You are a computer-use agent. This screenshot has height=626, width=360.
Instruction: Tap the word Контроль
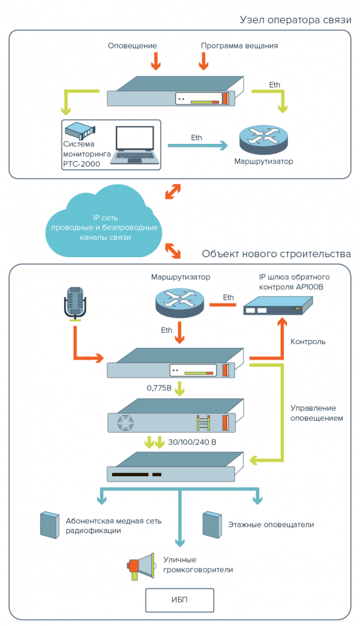[x=308, y=342]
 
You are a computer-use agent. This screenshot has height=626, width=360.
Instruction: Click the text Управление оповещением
[x=316, y=413]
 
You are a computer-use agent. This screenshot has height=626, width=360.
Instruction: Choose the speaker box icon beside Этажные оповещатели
[x=210, y=525]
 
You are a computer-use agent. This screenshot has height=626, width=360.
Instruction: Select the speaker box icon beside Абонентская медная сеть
[x=49, y=525]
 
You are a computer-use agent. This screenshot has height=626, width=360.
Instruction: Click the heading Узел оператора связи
[x=295, y=20]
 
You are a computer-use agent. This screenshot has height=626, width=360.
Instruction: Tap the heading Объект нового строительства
[x=276, y=254]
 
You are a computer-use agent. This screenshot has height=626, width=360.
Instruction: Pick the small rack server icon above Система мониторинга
[x=80, y=129]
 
